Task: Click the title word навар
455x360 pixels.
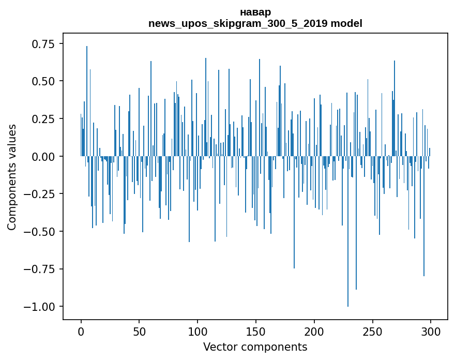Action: [x=255, y=12]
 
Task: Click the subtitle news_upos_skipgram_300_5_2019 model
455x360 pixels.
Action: [x=255, y=23]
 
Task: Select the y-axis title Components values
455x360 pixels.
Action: [x=11, y=177]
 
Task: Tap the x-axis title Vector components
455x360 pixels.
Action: [x=255, y=347]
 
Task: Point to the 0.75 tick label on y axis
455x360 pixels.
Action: [x=43, y=44]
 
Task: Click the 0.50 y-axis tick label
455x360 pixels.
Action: [x=43, y=81]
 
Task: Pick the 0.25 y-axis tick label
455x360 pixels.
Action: [x=43, y=119]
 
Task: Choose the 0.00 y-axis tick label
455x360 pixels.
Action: [x=43, y=156]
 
